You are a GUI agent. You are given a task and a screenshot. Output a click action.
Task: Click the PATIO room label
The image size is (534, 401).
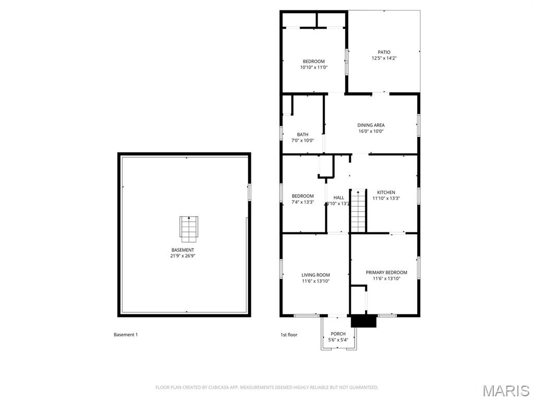(384, 52)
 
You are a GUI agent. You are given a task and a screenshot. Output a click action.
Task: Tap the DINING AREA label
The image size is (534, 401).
(371, 125)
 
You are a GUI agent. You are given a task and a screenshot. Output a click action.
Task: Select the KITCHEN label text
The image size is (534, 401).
(386, 192)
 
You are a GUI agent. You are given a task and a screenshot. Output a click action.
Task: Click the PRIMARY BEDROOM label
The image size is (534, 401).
(386, 273)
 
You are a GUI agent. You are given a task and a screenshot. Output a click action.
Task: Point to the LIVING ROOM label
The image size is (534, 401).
(315, 275)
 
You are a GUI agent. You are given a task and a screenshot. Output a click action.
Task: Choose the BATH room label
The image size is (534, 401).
(302, 135)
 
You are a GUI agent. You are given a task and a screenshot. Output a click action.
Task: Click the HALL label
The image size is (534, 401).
(339, 198)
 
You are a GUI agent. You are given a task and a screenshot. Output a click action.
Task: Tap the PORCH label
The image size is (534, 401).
(338, 334)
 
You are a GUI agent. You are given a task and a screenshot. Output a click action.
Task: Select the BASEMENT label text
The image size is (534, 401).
(183, 250)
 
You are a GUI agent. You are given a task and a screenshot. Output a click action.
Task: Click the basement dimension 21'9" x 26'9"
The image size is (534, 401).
(183, 256)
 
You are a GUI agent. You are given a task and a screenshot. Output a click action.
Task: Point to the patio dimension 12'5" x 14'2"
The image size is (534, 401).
(384, 58)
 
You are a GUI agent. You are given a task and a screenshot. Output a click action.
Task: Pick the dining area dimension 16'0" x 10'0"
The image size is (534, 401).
(371, 132)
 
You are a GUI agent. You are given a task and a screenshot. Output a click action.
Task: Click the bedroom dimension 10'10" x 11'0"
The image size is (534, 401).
(313, 67)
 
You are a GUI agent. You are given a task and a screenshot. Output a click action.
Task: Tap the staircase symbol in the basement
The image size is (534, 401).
(188, 229)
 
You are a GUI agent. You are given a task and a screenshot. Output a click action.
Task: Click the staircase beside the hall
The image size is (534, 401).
(358, 211)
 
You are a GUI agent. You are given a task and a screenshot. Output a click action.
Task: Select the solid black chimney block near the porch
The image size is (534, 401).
(363, 321)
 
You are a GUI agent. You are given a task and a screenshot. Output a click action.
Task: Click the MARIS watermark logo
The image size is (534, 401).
(505, 390)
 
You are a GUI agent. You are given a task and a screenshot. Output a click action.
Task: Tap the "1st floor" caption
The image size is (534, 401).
(289, 335)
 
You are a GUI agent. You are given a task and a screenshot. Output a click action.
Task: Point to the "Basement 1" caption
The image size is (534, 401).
(126, 335)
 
